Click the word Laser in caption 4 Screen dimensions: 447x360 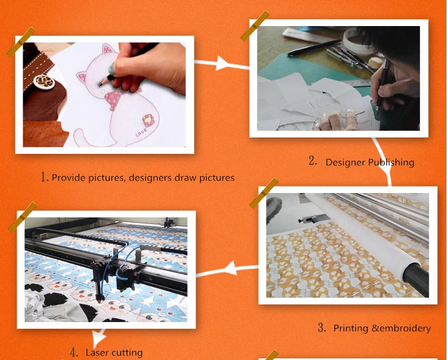point(97,353)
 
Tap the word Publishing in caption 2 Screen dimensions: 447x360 point(391,162)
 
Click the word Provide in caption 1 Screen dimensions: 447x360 point(68,178)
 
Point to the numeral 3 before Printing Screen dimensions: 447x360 point(322,328)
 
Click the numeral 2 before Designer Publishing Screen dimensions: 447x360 point(313,161)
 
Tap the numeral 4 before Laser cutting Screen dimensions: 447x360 point(74,353)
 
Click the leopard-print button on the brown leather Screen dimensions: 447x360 point(44,82)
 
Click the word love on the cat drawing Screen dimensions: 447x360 point(141,132)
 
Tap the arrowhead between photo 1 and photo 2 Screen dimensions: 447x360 point(222,63)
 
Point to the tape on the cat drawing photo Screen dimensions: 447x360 point(20,42)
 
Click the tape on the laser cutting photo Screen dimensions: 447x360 point(22,217)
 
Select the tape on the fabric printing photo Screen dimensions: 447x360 point(264,193)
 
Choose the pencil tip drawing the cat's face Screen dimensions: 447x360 point(100,84)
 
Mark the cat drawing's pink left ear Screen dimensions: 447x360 point(82,76)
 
